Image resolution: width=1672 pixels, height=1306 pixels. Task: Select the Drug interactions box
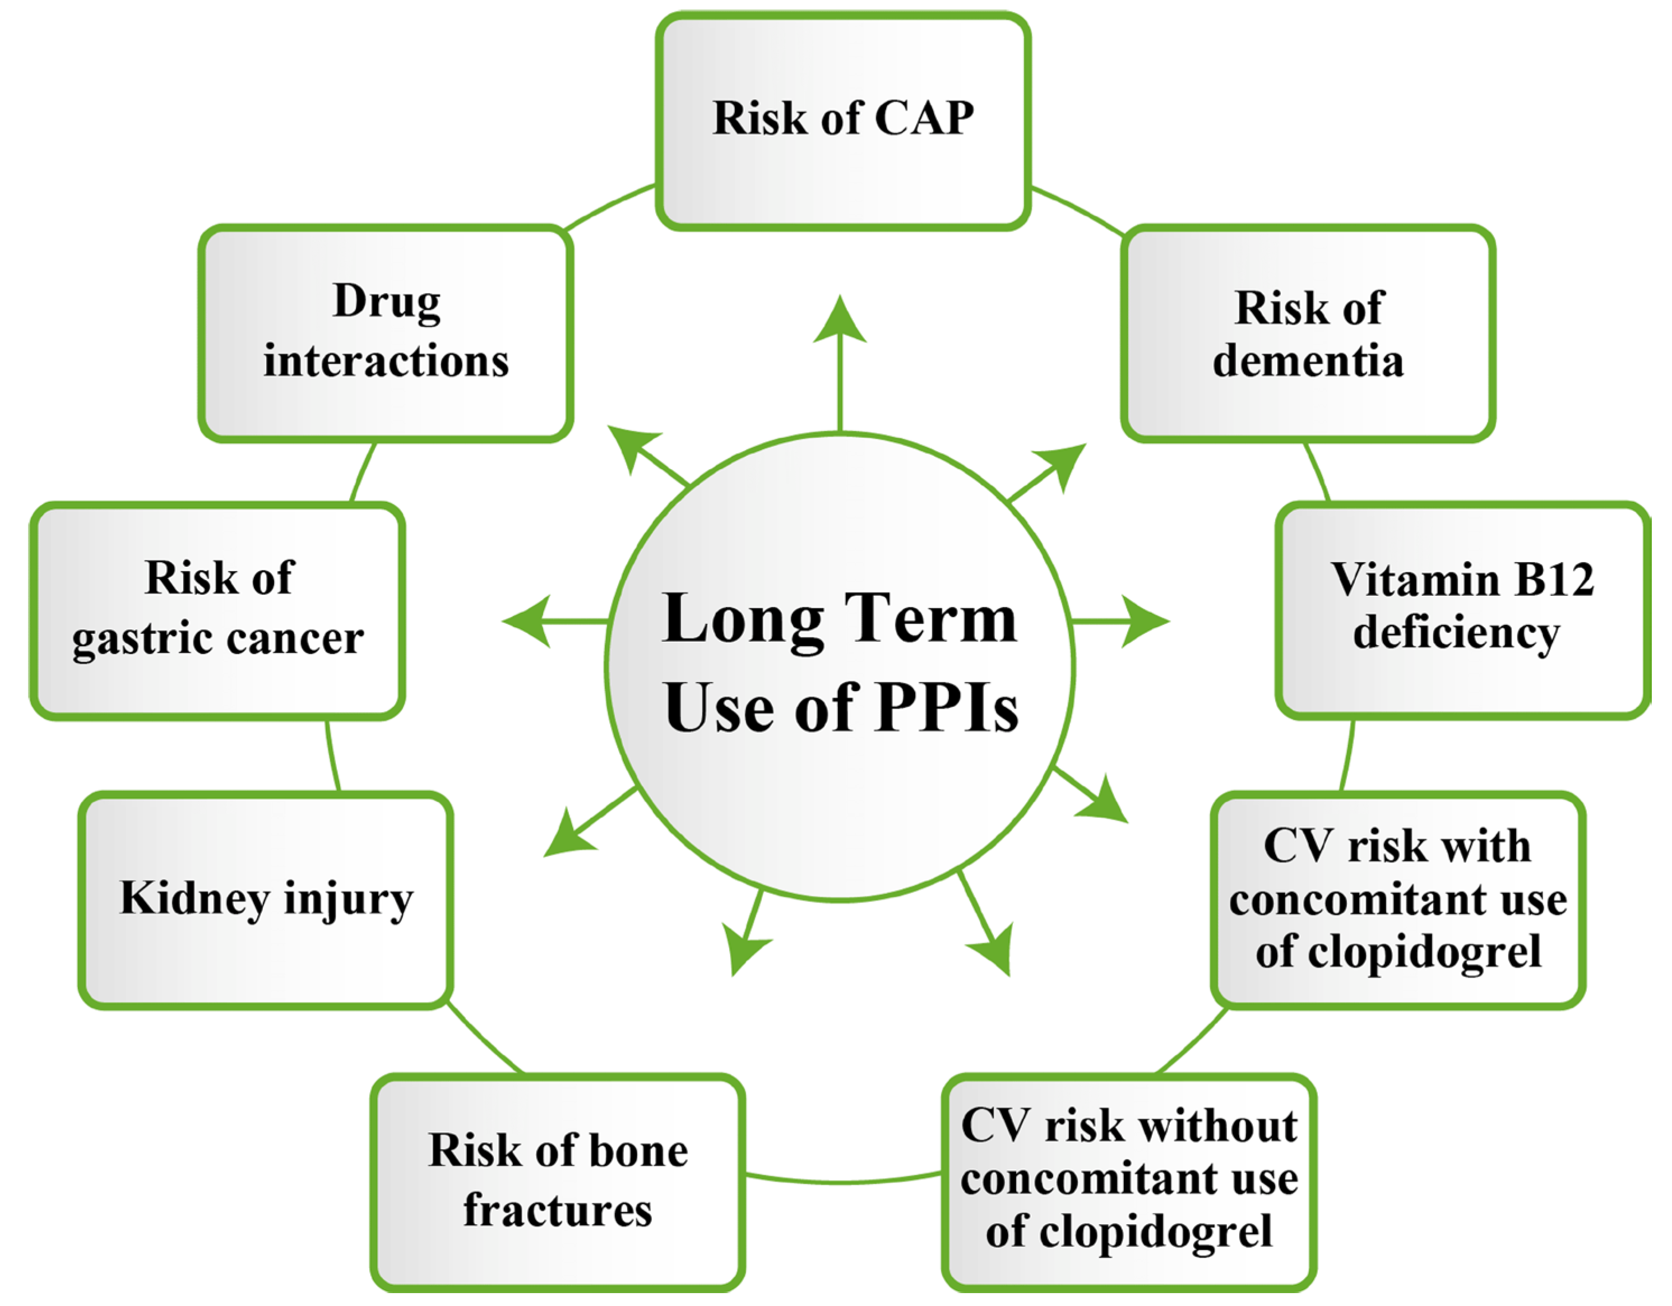(x=386, y=333)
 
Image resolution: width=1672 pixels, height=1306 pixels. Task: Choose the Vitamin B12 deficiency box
(x=1462, y=610)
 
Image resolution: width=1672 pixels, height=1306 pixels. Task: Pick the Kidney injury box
(x=266, y=900)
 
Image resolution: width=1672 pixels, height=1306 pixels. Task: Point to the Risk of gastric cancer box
(x=217, y=610)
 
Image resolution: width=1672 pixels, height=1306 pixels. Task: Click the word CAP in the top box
(x=924, y=119)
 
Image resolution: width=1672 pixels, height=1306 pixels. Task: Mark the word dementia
(x=1308, y=362)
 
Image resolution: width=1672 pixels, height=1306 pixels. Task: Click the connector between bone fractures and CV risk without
(x=842, y=1180)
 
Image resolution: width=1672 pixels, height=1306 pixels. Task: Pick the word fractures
(x=557, y=1211)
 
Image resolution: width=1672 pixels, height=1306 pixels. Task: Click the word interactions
(x=386, y=362)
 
